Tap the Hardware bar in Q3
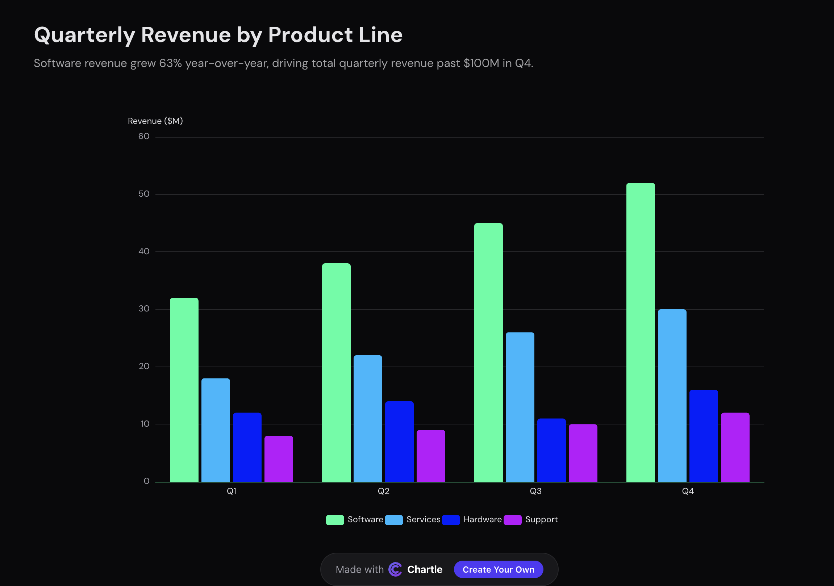551,450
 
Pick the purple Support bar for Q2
430,456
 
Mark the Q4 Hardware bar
703,436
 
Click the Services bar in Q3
520,407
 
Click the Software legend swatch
334,520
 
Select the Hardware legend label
482,520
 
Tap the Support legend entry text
541,520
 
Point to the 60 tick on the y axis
144,137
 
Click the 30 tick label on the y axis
144,309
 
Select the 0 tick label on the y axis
146,481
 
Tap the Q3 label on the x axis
535,491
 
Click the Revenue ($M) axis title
155,121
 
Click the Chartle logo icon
395,569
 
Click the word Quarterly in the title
84,35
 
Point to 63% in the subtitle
170,63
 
